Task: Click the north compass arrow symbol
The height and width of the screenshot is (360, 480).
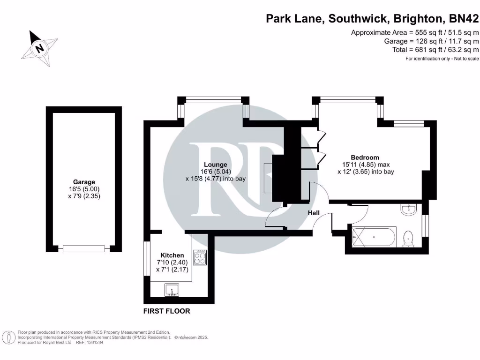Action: click(40, 47)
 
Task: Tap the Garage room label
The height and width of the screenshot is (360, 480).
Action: click(84, 182)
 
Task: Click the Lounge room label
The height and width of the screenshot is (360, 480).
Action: click(216, 165)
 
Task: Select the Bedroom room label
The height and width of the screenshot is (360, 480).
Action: click(365, 157)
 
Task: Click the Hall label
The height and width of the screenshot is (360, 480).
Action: click(314, 213)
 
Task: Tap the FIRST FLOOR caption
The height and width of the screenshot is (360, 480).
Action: click(167, 311)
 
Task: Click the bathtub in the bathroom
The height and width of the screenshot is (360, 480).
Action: click(374, 237)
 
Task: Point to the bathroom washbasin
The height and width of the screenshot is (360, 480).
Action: click(409, 210)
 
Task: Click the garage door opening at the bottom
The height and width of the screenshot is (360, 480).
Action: click(84, 248)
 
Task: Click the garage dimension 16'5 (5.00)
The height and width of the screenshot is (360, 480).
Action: click(84, 189)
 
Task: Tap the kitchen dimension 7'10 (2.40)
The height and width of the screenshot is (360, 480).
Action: click(171, 262)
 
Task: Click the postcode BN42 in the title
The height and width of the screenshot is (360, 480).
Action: click(464, 19)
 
